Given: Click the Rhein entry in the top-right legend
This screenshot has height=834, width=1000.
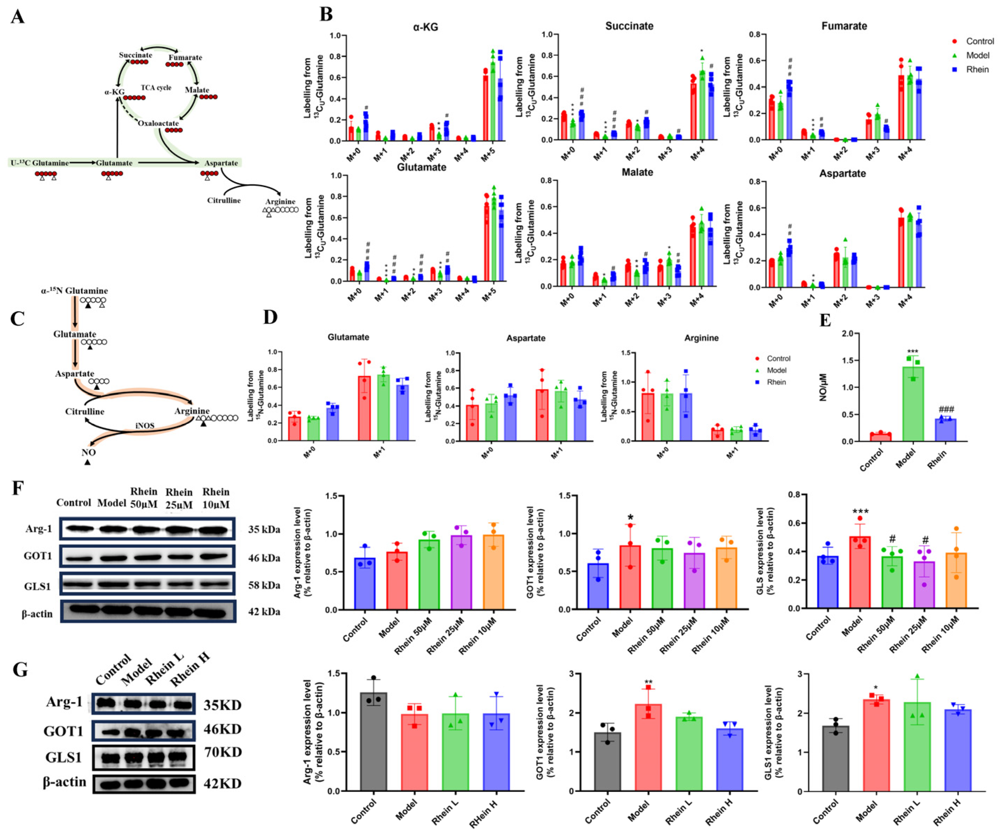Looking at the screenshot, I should [x=977, y=69].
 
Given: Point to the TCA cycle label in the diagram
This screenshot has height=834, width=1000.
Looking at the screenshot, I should [x=156, y=88].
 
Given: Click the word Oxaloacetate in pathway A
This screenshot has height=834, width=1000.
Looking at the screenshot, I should [x=158, y=123].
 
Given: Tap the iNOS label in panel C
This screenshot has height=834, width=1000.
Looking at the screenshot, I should [x=144, y=425].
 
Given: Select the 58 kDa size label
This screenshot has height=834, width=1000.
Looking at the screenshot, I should [x=264, y=585].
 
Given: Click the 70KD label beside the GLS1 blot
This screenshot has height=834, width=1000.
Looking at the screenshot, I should [x=222, y=752].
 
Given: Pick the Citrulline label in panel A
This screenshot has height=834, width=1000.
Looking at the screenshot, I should [x=224, y=200].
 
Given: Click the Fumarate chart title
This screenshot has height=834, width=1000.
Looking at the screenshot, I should [x=844, y=26].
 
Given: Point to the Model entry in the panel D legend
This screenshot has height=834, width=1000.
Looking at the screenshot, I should [x=776, y=370].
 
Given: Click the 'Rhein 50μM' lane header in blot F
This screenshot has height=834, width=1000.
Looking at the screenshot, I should [x=144, y=498].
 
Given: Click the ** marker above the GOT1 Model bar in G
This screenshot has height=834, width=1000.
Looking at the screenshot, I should [x=648, y=682].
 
